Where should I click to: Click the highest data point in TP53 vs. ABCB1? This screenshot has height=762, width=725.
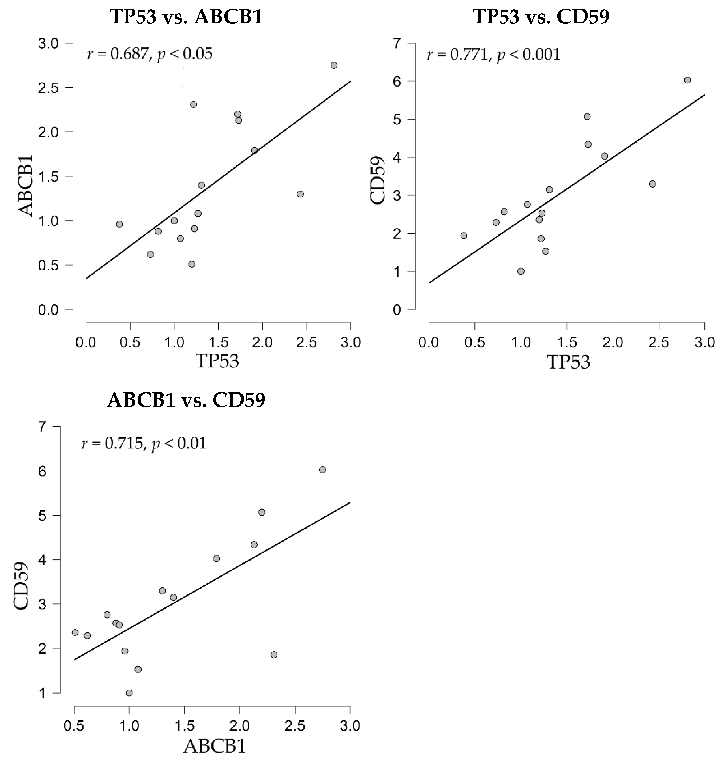[334, 65]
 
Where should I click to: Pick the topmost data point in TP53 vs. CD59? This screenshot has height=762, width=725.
[687, 80]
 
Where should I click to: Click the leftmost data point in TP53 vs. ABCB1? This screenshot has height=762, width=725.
[119, 224]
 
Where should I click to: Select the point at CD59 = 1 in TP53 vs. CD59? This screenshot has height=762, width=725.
[521, 271]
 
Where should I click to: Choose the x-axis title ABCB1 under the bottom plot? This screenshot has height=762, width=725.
[215, 746]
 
